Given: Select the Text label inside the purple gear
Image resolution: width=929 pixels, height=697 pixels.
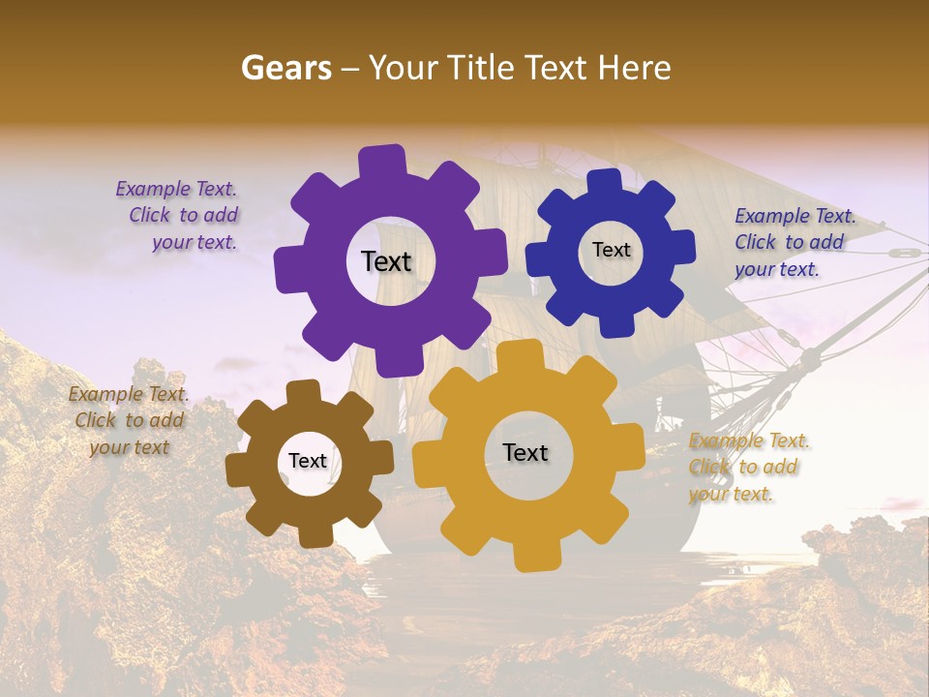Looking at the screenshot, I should [x=386, y=261].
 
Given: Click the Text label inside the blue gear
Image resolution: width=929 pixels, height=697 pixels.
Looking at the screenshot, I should [x=611, y=250].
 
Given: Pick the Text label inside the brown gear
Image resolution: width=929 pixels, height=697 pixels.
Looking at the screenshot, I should [x=308, y=462].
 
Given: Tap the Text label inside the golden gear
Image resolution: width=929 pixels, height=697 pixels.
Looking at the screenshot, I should [x=525, y=453].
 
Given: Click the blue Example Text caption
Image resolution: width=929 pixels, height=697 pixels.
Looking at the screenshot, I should [x=794, y=242].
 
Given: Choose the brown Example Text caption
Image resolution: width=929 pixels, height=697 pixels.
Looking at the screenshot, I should [x=129, y=420].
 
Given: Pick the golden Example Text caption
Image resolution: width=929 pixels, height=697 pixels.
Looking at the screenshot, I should [x=748, y=467].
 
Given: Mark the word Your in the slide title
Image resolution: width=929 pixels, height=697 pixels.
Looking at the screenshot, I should [x=403, y=68].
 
